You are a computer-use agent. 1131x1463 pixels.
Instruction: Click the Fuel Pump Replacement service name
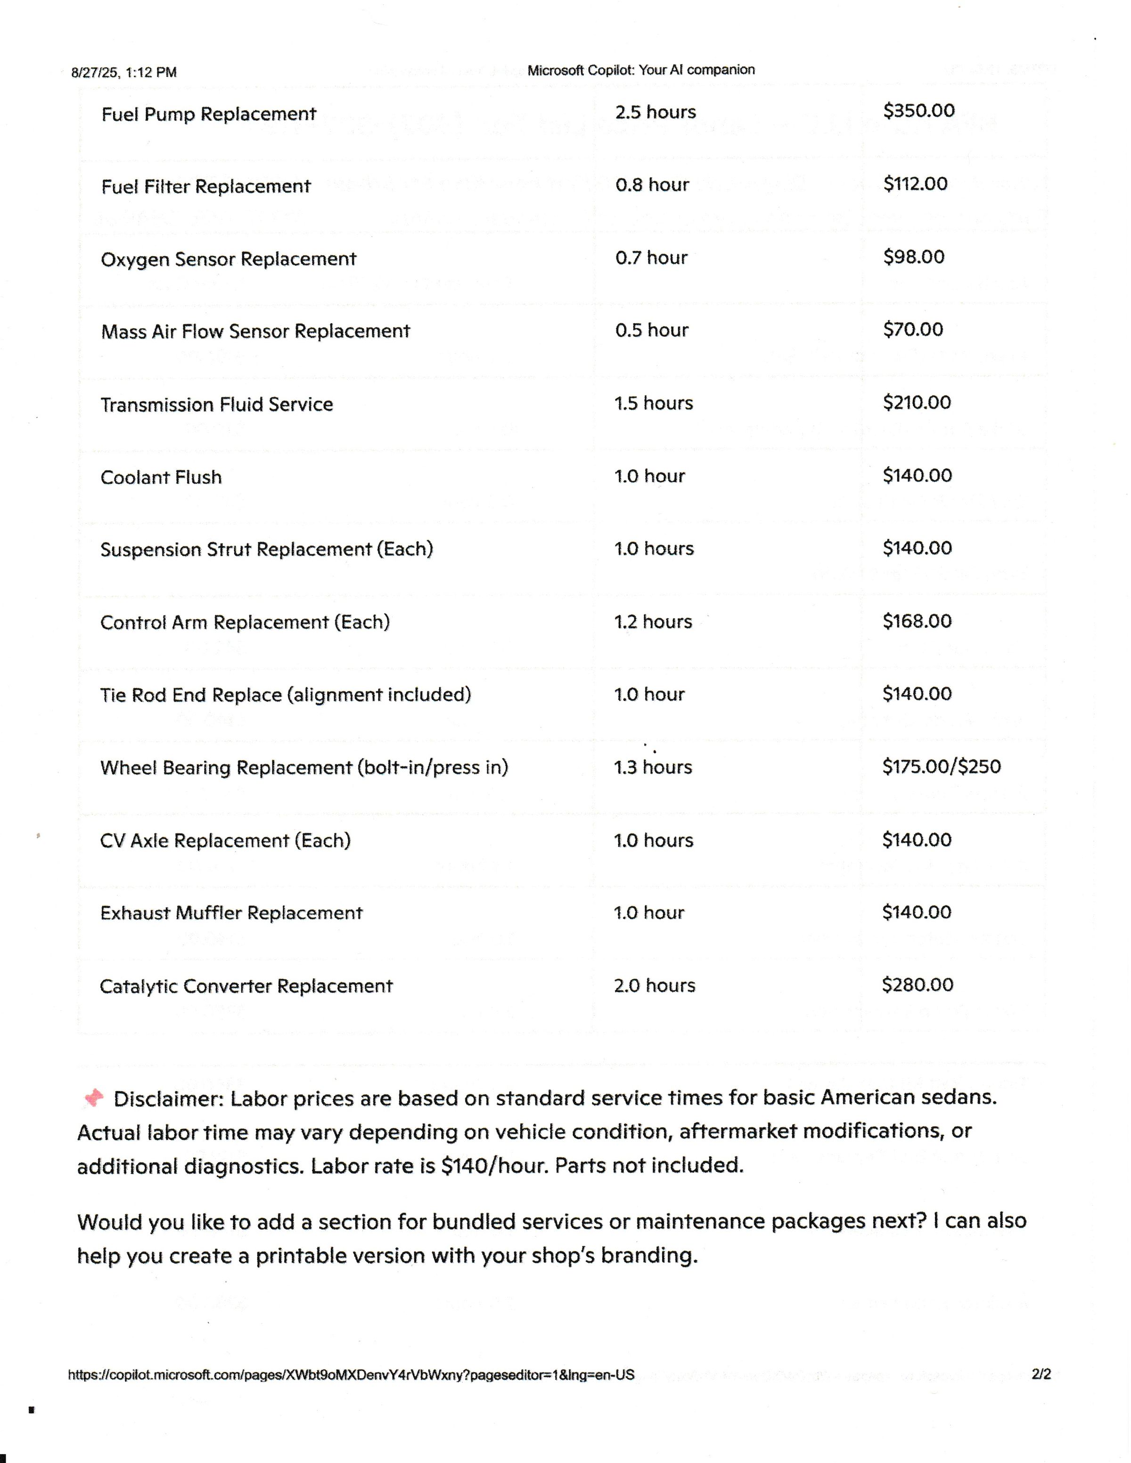click(x=208, y=114)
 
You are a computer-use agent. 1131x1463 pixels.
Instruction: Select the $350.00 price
click(x=918, y=111)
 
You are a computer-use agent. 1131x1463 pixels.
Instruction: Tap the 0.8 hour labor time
click(x=651, y=185)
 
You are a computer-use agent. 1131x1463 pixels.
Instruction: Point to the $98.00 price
click(x=913, y=257)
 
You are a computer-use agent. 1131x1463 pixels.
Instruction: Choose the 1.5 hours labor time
click(x=653, y=403)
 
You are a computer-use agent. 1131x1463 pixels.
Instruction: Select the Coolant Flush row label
click(x=161, y=478)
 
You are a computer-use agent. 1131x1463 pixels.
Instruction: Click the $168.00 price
click(x=917, y=621)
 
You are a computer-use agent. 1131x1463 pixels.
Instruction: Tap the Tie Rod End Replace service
click(x=286, y=695)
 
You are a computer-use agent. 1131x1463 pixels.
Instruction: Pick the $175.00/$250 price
click(x=941, y=766)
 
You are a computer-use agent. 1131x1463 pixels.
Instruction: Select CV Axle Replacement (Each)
click(x=225, y=841)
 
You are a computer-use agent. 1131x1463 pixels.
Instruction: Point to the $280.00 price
click(x=917, y=985)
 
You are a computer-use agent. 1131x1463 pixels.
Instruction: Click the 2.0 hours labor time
click(x=654, y=985)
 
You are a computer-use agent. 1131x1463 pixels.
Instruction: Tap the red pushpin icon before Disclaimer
click(x=94, y=1098)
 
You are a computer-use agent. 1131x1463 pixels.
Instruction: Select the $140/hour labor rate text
click(x=494, y=1166)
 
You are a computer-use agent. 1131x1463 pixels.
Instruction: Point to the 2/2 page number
click(x=1041, y=1374)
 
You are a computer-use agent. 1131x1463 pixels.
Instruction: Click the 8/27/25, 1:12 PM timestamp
click(x=124, y=73)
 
